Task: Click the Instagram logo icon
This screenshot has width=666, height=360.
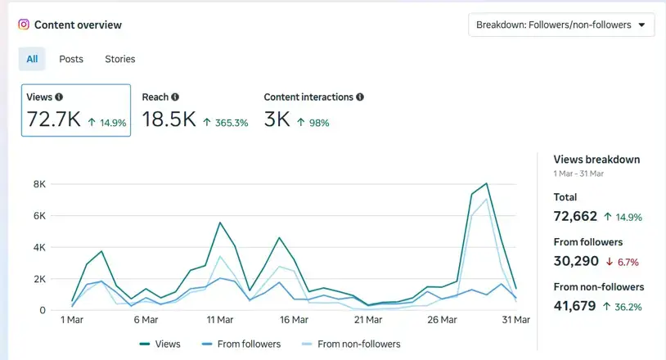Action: [24, 25]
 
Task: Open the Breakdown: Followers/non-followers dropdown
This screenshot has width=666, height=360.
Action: [561, 25]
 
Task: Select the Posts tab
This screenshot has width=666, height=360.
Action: [71, 59]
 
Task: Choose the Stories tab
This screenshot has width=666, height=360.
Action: [119, 59]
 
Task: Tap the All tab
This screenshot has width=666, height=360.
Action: [32, 59]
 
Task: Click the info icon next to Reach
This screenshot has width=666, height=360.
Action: [175, 97]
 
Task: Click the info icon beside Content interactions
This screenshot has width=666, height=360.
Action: [360, 97]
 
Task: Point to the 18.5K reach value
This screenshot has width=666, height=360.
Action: [169, 119]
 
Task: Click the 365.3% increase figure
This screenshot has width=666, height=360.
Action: [232, 123]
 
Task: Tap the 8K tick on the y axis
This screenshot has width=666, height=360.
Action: [39, 184]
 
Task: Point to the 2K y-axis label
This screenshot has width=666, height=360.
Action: [39, 279]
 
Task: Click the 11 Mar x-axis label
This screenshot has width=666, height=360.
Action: [220, 320]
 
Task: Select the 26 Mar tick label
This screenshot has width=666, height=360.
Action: [442, 320]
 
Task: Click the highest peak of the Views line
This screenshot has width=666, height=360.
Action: [486, 183]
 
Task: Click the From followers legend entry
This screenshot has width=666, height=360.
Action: [241, 344]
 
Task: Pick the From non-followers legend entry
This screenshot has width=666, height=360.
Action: [351, 344]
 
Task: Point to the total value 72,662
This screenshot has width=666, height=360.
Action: [575, 216]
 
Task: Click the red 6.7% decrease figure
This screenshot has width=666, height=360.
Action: [628, 262]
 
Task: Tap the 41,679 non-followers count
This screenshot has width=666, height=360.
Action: [574, 306]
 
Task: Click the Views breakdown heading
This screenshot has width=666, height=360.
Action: [596, 160]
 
